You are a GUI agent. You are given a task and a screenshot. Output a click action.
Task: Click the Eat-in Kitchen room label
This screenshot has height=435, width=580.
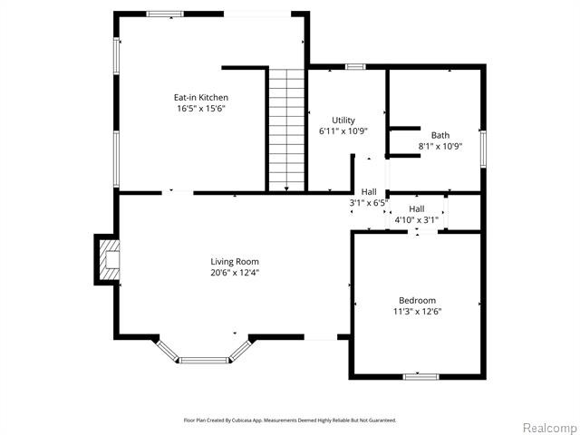[201, 97]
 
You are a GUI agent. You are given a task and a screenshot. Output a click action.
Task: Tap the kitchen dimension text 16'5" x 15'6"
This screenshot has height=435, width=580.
[201, 109]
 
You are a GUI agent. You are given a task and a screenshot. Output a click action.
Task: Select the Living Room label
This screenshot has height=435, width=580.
[235, 262]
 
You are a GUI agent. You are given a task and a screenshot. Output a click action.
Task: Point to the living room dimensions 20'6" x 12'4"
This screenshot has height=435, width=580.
[235, 273]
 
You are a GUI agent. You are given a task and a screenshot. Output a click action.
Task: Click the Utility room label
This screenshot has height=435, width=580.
[343, 121]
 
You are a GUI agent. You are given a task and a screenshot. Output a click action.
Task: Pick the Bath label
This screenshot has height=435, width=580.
[440, 135]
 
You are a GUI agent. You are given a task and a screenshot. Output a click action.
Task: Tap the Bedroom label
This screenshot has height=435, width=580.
[417, 300]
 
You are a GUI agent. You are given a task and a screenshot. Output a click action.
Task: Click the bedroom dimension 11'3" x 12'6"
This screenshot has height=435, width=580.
[417, 312]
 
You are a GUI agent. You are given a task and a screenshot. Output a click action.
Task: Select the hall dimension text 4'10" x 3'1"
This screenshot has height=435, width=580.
[417, 219]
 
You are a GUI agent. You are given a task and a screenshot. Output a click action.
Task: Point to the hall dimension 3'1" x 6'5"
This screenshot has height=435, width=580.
[369, 203]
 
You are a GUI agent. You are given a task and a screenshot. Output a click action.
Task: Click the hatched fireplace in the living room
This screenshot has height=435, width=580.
[110, 260]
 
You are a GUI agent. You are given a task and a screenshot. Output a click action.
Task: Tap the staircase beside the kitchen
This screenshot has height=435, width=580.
[286, 130]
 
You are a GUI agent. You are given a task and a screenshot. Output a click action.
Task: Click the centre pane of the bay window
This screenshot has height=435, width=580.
[204, 360]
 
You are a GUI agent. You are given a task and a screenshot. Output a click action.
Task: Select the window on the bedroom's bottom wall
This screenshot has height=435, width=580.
[420, 377]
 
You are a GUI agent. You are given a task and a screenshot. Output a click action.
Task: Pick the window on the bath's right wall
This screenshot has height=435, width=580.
[483, 149]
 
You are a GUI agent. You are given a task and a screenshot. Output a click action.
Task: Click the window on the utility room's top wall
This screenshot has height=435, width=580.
[355, 66]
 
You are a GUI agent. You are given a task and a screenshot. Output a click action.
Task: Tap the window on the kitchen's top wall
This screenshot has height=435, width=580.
[165, 14]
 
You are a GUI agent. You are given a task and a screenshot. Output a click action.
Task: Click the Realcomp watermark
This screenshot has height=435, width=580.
[550, 428]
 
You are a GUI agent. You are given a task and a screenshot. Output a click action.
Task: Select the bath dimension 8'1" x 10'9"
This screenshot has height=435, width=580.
[440, 146]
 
